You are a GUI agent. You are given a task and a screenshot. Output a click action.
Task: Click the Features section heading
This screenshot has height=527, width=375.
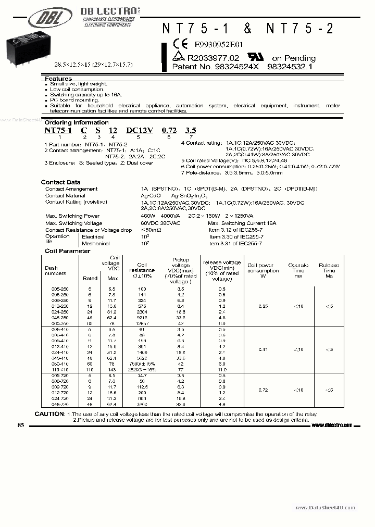(58, 78)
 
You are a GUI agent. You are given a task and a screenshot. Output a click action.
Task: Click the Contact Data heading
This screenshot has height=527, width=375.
(60, 182)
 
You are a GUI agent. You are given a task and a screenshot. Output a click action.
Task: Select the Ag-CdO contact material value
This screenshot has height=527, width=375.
(150, 195)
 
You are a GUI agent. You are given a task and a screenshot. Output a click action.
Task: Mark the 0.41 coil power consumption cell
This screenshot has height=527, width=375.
(263, 349)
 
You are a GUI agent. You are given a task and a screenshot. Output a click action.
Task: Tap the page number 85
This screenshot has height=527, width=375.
(21, 425)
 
